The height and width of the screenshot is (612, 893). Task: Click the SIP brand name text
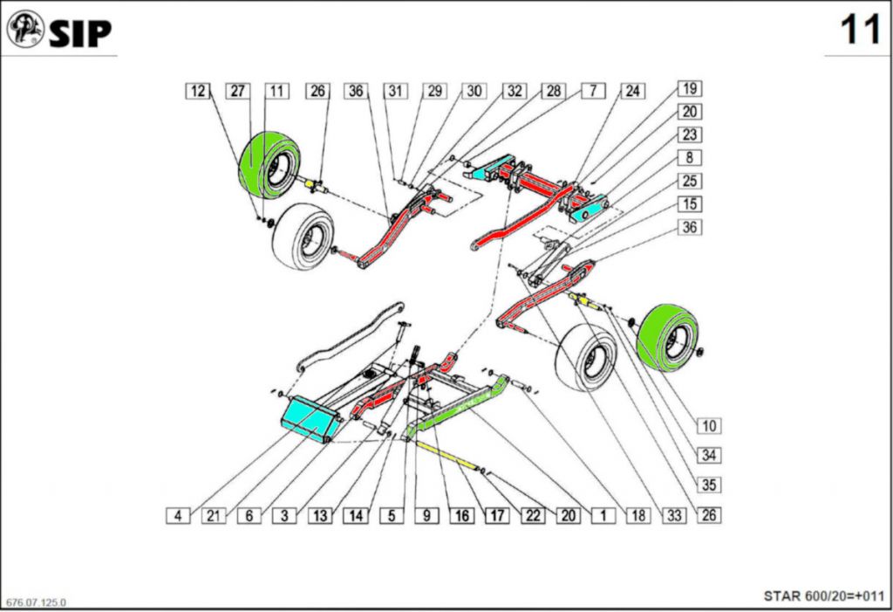point(80,32)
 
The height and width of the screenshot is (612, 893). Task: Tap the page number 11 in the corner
point(860,31)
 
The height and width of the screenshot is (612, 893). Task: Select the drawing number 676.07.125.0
point(36,602)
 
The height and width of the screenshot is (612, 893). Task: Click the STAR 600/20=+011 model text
point(823,596)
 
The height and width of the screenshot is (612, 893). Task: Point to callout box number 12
point(199,91)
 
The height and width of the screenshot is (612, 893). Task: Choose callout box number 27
point(238,91)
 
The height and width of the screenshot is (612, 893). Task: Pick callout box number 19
point(689,88)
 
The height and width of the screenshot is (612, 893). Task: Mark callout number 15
point(689,204)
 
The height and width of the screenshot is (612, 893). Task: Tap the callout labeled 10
point(708,425)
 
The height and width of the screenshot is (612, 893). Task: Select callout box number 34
point(708,455)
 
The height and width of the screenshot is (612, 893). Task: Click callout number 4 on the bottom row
point(178,515)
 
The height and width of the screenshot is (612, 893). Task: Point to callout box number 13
point(320,515)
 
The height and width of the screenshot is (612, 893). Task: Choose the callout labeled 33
point(673,515)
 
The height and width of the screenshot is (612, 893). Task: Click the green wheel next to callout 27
point(269,164)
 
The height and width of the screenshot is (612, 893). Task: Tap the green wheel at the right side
point(668,337)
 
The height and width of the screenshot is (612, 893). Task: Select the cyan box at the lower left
point(310,418)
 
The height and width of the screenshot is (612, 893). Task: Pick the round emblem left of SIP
point(25,30)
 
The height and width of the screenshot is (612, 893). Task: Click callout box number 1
point(603,515)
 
